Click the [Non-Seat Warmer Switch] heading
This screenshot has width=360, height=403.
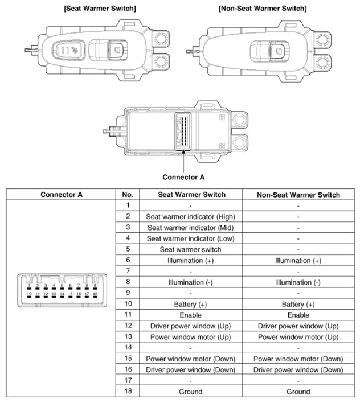coord(263,9)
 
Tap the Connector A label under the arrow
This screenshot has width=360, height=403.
coord(183,177)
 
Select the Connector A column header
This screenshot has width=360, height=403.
coord(62,194)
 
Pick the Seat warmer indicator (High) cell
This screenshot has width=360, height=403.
coord(190,216)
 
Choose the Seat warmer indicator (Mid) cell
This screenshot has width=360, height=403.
coord(190,227)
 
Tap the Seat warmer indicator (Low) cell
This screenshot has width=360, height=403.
coord(190,238)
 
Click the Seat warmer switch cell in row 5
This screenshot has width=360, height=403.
coord(190,249)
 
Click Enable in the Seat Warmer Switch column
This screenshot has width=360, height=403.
coord(190,315)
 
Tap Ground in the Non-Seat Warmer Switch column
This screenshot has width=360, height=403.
coord(298,392)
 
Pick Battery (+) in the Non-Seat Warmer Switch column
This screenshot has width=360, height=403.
coord(298,305)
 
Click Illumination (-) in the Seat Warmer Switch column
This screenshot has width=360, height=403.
coord(190,282)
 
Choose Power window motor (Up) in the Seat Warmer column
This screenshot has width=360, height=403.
coord(190,337)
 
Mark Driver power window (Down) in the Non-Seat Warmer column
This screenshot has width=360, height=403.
coord(298,370)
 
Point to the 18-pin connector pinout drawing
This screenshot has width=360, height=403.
coord(62,290)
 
